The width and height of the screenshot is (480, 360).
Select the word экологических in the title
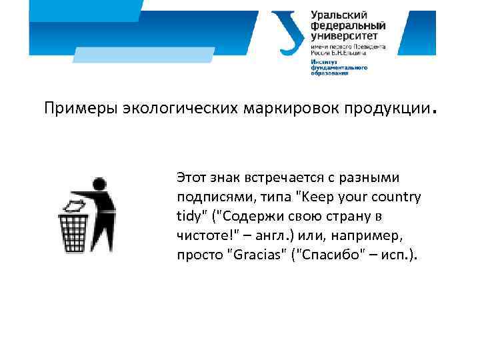[x=167, y=109]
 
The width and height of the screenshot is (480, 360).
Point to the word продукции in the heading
[x=383, y=109]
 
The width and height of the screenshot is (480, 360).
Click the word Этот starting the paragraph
[x=191, y=178]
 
